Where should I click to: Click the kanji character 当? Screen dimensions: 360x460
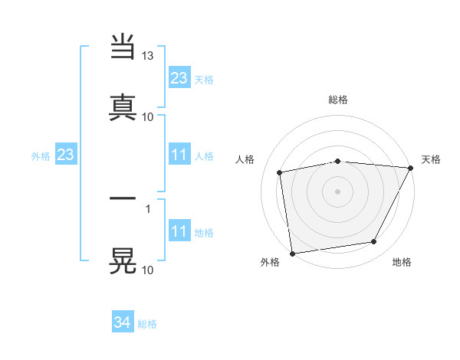[123, 48]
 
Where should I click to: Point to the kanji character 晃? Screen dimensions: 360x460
[123, 260]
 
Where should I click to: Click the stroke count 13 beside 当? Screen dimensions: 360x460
[148, 56]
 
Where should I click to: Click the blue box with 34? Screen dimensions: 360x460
[123, 323]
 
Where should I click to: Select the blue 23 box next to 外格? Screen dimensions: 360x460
[66, 155]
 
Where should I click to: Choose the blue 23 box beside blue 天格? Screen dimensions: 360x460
[179, 78]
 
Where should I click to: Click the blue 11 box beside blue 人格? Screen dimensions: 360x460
[179, 155]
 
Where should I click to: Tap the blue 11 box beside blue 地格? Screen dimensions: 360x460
[179, 231]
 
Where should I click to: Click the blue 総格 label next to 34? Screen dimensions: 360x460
[147, 324]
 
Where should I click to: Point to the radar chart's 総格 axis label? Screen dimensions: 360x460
[338, 100]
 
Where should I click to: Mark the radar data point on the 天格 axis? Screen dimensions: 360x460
[411, 168]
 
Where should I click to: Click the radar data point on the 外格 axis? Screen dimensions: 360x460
[292, 253]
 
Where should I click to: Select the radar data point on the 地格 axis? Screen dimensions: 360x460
[374, 242]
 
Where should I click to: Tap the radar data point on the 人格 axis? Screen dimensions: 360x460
[281, 172]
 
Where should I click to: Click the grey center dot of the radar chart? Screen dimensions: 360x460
[338, 191]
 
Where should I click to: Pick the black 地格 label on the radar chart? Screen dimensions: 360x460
[402, 262]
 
